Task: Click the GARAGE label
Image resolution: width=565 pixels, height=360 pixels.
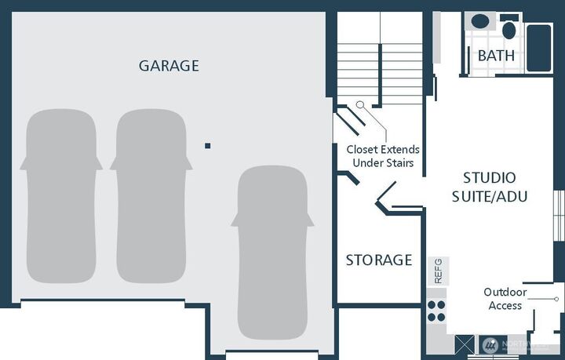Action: (x=169, y=66)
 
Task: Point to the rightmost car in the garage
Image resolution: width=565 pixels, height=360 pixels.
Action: (x=272, y=251)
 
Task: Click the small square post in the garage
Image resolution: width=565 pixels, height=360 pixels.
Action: (x=208, y=146)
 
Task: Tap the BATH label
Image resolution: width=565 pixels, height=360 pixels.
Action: (x=497, y=56)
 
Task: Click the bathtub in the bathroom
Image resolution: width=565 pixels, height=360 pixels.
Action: (x=539, y=47)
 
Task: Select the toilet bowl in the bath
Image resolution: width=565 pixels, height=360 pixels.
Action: (x=509, y=30)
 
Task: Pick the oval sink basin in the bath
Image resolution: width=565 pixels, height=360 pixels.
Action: (x=478, y=22)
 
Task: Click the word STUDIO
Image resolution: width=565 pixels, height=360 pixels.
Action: (x=489, y=177)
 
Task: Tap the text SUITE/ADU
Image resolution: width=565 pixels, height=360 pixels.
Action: (x=489, y=196)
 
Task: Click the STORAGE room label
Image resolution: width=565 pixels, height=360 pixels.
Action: (x=379, y=260)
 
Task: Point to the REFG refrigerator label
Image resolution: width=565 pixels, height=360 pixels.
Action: (x=439, y=271)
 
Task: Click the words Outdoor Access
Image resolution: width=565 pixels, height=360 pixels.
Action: (x=505, y=299)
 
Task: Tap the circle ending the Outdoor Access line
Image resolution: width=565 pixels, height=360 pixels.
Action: (x=556, y=299)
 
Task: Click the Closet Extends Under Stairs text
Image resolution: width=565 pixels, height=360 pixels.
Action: (x=383, y=156)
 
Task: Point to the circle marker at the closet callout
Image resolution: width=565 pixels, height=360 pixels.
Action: (x=359, y=104)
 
